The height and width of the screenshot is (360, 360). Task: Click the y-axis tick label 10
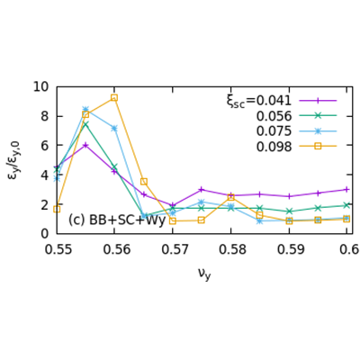point(40,87)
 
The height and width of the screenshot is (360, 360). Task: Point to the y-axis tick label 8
point(44,116)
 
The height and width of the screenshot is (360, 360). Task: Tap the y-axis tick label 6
point(44,146)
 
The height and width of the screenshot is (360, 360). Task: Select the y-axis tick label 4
point(44,175)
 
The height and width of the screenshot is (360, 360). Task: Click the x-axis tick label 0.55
point(57,249)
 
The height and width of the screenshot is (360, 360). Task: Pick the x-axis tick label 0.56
point(114,249)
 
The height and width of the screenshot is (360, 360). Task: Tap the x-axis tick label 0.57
point(173,249)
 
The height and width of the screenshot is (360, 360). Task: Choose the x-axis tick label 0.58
point(230,249)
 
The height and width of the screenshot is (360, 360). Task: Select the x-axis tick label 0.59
point(289,249)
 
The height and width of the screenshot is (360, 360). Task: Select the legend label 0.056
point(274,116)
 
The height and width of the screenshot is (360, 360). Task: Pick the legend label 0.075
point(274,130)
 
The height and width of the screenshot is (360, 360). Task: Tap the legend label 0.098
point(274,145)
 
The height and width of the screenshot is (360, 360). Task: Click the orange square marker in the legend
point(318,145)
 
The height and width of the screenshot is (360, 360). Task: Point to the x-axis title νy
point(203,273)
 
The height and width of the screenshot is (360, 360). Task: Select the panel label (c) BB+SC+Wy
point(117,220)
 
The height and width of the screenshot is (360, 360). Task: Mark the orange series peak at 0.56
point(114,97)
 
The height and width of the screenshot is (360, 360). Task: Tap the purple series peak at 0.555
point(85,145)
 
